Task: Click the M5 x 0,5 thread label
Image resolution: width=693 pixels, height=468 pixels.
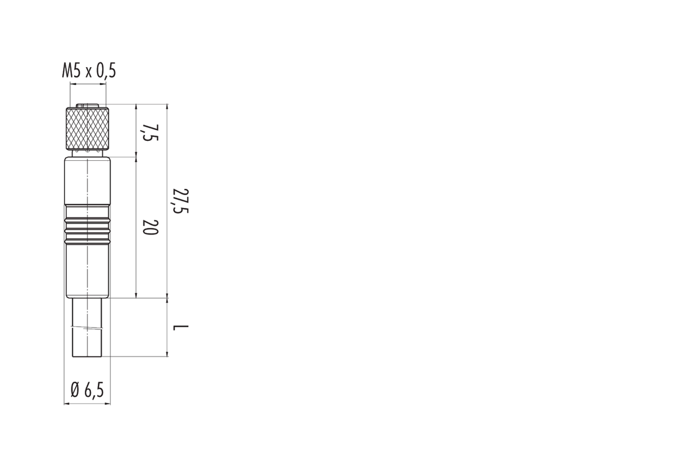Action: [x=89, y=71]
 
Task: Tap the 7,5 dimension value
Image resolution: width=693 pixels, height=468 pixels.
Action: [x=151, y=133]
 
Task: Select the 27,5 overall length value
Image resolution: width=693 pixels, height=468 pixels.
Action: [x=181, y=200]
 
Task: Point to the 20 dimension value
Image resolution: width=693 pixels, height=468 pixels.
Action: [x=151, y=227]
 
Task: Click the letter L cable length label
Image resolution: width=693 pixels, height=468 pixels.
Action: [x=181, y=328]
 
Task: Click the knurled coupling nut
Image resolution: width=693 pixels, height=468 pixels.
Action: [x=88, y=128]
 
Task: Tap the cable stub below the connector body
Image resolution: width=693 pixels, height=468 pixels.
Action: [x=88, y=328]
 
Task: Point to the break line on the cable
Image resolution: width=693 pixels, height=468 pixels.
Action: [x=88, y=328]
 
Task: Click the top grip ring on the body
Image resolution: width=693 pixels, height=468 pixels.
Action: [x=88, y=220]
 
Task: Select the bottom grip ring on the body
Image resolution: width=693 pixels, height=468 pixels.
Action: [x=88, y=241]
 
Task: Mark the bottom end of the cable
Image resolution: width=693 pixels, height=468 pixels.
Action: [x=88, y=356]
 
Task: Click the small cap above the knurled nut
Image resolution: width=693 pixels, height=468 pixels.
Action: [x=88, y=106]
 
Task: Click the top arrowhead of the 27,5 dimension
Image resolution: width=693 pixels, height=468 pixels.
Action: [x=167, y=107]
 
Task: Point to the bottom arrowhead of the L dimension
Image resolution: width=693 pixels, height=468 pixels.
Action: [x=167, y=354]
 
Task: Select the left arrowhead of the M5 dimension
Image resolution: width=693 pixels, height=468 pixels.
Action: [x=73, y=83]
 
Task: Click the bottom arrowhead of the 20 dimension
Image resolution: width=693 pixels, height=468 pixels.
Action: [x=136, y=296]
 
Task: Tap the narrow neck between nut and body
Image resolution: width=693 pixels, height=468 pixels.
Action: [x=88, y=153]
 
